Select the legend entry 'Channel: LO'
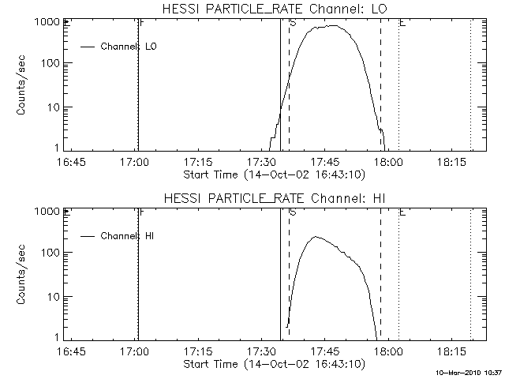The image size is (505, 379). pyautogui.click(x=129, y=47)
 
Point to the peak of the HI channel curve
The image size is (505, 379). pyautogui.click(x=316, y=236)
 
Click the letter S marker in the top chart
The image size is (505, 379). pyautogui.click(x=293, y=23)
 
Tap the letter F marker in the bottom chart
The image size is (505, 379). pyautogui.click(x=141, y=212)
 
